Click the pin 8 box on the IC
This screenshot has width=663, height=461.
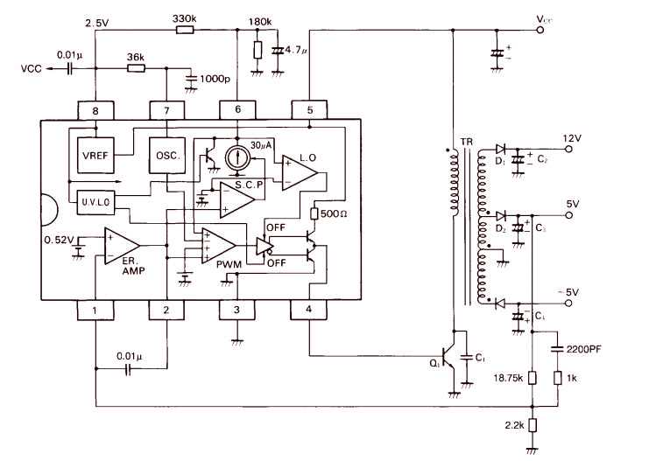94,110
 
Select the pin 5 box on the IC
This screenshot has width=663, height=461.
309,110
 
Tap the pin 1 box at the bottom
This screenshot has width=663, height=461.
94,310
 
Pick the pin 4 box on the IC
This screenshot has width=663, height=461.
309,310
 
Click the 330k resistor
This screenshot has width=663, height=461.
185,31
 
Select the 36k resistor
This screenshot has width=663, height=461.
136,66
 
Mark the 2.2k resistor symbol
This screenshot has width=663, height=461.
532,426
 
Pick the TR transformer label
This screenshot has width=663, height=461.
465,140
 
